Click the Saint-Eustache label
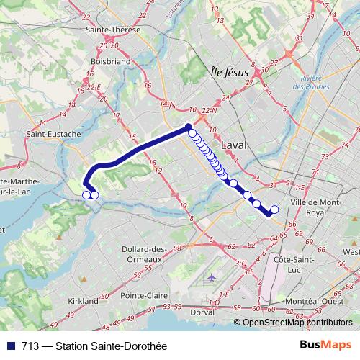(x=52, y=134)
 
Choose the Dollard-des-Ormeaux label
(x=145, y=253)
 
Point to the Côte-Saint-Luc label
(x=295, y=263)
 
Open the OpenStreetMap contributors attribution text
(x=300, y=323)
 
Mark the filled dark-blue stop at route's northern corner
(x=189, y=127)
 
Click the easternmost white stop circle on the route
(x=274, y=210)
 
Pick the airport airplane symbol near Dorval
(x=210, y=276)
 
